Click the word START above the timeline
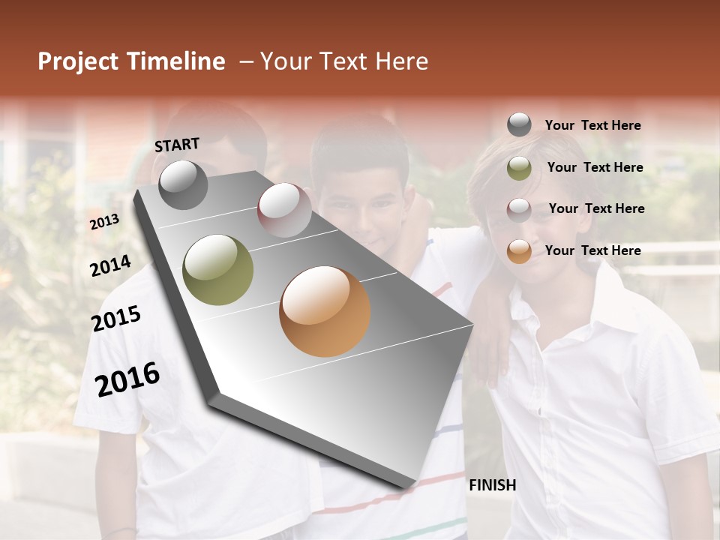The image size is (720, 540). point(177,145)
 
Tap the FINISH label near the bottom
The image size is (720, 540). point(492,485)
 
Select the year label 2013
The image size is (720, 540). point(105,221)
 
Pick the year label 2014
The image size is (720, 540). point(110,266)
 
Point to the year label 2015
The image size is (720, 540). point(116,319)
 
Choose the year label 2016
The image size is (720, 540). point(127,379)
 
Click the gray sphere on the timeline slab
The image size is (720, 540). point(183,184)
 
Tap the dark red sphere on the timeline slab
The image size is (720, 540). point(284,209)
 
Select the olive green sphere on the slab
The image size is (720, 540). point(218,269)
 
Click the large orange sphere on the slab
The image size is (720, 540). point(325,310)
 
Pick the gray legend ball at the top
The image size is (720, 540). point(519,125)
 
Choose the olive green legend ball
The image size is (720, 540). point(519,168)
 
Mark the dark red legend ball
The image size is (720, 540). point(519,209)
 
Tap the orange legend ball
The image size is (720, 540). point(519,251)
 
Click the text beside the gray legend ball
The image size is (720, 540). point(592,125)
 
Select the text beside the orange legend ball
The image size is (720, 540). point(592,250)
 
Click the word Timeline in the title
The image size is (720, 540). point(176,61)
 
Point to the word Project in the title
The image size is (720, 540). point(78,61)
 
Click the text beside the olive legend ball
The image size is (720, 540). point(595,167)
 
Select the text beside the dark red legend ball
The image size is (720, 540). point(596,208)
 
